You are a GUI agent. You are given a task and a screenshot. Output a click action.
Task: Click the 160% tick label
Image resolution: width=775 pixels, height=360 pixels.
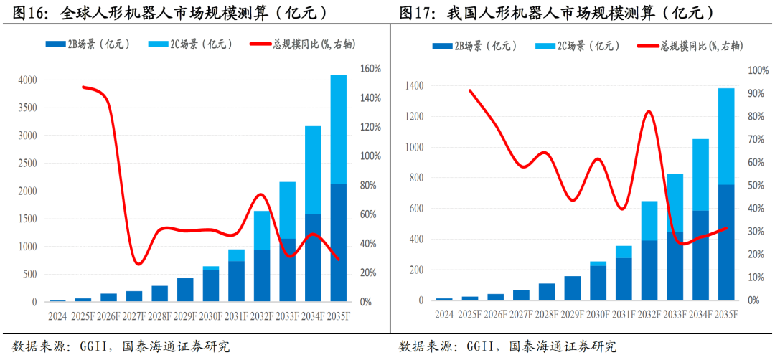370,69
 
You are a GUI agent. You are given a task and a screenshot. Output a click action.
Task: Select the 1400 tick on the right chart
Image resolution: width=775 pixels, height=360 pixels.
413,86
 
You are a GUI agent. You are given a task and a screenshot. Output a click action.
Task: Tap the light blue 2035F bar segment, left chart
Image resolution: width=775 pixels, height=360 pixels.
338,129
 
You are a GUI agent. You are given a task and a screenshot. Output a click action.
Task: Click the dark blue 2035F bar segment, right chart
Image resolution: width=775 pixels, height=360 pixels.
726,242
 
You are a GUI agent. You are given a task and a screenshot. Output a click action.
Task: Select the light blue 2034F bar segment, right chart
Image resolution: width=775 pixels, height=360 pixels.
700,174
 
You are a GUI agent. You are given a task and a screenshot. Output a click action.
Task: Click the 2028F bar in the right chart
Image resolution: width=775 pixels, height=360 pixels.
547,291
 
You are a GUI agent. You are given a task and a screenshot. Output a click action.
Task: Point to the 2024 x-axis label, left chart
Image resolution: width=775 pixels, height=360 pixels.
57,315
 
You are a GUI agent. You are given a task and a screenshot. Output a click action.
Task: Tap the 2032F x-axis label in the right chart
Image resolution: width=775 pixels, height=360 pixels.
649,314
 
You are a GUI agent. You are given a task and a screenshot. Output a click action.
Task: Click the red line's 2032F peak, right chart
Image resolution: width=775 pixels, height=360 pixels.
649,111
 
